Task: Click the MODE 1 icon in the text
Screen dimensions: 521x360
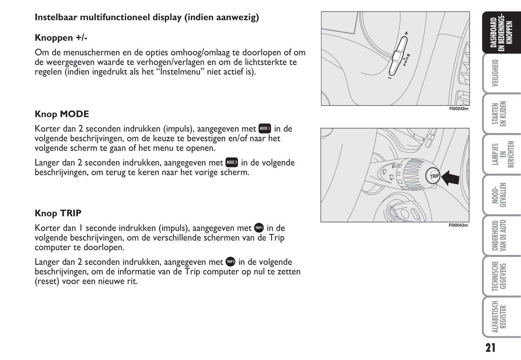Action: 265,128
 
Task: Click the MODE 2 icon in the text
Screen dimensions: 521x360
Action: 232,162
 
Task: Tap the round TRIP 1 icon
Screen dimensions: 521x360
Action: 259,228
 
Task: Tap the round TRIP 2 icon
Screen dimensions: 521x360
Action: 230,262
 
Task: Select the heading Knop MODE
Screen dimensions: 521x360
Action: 62,114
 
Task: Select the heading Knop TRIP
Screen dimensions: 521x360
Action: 58,213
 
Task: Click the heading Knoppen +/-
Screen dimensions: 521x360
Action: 61,38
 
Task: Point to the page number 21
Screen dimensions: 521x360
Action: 490,348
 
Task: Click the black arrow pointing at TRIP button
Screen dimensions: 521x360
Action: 450,178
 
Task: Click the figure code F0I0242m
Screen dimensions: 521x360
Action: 459,109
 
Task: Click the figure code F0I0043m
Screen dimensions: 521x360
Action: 458,225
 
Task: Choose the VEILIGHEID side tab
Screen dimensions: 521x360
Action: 495,73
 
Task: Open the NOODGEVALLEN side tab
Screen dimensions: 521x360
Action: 499,195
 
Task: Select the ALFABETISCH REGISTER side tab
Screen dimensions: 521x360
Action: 499,317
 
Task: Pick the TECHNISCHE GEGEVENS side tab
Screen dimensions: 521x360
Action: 499,276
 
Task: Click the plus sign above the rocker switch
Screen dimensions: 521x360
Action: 406,33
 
